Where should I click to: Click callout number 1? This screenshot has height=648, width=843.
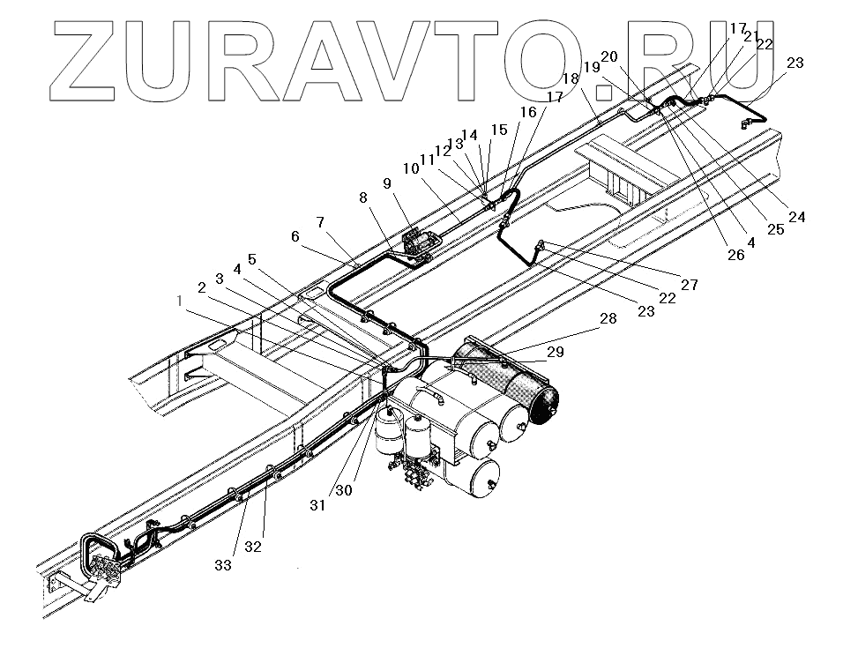[x=180, y=301]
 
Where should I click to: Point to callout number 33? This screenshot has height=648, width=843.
[x=223, y=565]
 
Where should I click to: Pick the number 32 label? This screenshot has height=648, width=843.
[x=253, y=547]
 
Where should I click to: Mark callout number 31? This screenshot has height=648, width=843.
[x=317, y=505]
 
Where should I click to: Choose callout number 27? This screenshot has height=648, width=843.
[x=689, y=285]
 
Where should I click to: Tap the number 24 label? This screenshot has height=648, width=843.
[x=797, y=217]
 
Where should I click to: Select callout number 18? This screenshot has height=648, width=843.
[x=571, y=78]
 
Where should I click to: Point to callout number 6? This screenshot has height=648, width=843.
[x=295, y=236]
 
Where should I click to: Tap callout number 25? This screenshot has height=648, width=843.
[x=774, y=229]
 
